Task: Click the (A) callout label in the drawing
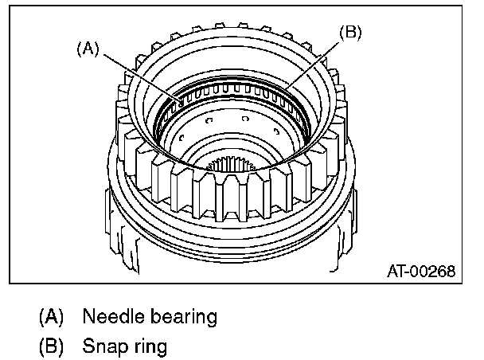[x=88, y=48]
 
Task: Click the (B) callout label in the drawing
[x=351, y=33]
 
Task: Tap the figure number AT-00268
[x=420, y=272]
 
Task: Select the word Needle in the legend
[x=110, y=316]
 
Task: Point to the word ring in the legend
[x=149, y=349]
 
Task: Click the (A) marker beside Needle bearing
[x=52, y=316]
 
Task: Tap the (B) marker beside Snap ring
[x=52, y=347]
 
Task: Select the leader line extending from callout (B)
[x=314, y=63]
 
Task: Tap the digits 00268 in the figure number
[x=435, y=272]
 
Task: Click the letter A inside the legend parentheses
[x=52, y=316]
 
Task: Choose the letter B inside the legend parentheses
[x=52, y=347]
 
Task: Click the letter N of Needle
[x=88, y=316]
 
